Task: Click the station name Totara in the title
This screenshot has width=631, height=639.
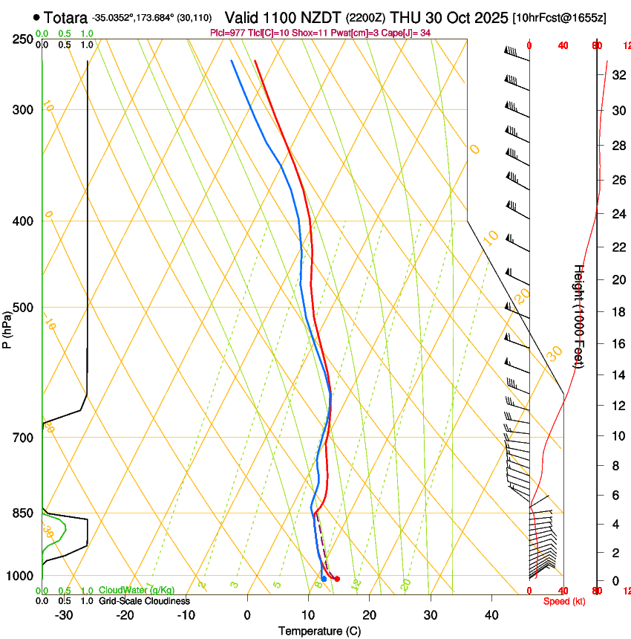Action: pyautogui.click(x=65, y=17)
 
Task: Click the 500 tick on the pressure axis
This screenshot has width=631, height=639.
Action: pyautogui.click(x=24, y=308)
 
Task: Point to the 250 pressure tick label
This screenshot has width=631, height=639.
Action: pyautogui.click(x=24, y=39)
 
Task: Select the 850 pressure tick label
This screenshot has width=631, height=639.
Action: pyautogui.click(x=24, y=513)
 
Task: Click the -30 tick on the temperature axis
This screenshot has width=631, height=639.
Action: pyautogui.click(x=64, y=614)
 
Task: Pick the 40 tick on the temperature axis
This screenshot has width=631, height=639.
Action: pyautogui.click(x=491, y=614)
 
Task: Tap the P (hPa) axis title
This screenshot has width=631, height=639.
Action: pyautogui.click(x=7, y=327)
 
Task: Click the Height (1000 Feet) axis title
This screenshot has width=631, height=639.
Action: pyautogui.click(x=579, y=316)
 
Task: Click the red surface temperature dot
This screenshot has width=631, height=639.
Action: pyautogui.click(x=337, y=579)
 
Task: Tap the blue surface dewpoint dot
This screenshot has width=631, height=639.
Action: pyautogui.click(x=324, y=579)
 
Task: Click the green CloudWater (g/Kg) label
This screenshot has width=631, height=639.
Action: pyautogui.click(x=137, y=591)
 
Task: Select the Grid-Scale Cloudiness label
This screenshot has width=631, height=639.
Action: pyautogui.click(x=144, y=600)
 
